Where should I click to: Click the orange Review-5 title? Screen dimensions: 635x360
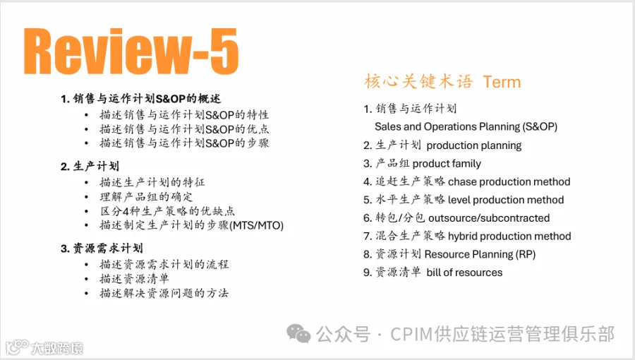(x=131, y=52)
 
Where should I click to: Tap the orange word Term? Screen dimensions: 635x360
(x=502, y=82)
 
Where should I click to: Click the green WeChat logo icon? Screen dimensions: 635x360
(x=298, y=334)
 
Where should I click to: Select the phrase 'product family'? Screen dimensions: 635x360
(x=447, y=164)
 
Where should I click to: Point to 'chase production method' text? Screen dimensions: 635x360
(x=509, y=181)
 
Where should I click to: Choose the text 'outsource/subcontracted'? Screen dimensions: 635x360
(x=489, y=218)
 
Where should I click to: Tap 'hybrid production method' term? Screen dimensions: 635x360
(x=509, y=236)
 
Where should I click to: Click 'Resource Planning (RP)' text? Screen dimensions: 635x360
(x=480, y=254)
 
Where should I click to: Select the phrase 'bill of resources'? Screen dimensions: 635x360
(x=464, y=272)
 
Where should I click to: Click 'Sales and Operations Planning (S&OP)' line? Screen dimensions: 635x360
(x=466, y=127)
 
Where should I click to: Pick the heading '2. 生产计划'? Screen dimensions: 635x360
(x=90, y=166)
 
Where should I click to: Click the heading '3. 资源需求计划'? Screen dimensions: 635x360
(x=102, y=248)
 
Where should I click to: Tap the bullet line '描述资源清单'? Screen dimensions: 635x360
(x=135, y=279)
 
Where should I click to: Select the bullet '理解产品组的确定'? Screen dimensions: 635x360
(x=146, y=197)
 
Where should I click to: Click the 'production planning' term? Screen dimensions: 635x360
(x=474, y=145)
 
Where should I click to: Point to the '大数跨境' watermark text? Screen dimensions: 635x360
(x=57, y=348)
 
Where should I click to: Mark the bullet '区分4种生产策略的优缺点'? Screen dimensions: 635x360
(x=167, y=211)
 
